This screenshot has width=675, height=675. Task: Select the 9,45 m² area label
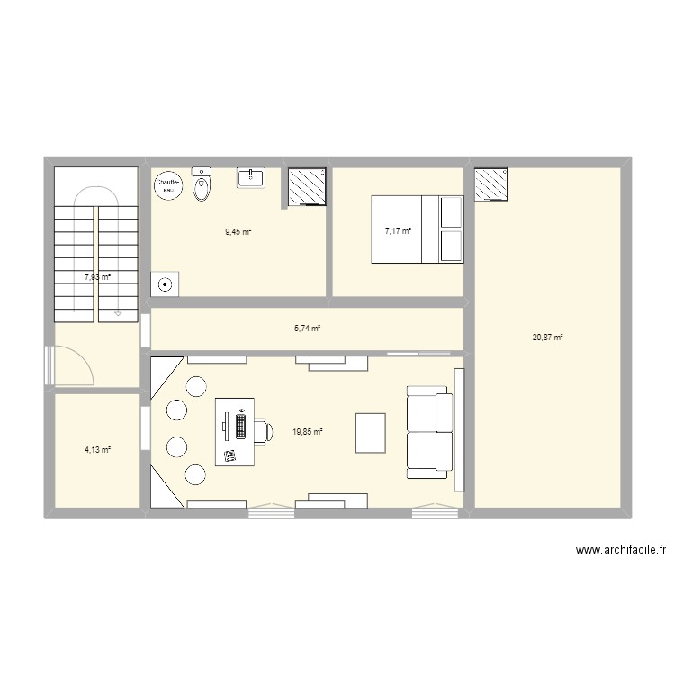pyautogui.click(x=238, y=232)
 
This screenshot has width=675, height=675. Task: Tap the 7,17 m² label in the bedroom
pyautogui.click(x=398, y=231)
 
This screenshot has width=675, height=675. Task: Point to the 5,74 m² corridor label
pyautogui.click(x=307, y=328)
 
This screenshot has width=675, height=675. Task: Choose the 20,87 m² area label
pyautogui.click(x=547, y=337)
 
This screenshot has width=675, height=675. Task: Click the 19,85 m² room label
pyautogui.click(x=307, y=432)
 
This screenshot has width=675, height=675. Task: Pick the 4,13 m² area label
pyautogui.click(x=97, y=450)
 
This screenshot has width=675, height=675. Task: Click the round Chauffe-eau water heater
pyautogui.click(x=168, y=184)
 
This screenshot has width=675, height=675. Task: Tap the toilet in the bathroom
pyautogui.click(x=202, y=186)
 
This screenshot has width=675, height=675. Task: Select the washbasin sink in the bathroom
pyautogui.click(x=250, y=177)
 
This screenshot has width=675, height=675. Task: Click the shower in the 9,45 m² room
pyautogui.click(x=305, y=186)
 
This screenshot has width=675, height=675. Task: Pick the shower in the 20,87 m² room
pyautogui.click(x=491, y=184)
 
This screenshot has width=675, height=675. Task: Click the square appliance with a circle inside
pyautogui.click(x=166, y=285)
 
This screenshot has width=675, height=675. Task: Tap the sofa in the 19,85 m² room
pyautogui.click(x=428, y=431)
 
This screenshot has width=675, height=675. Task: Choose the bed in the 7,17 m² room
pyautogui.click(x=418, y=229)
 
